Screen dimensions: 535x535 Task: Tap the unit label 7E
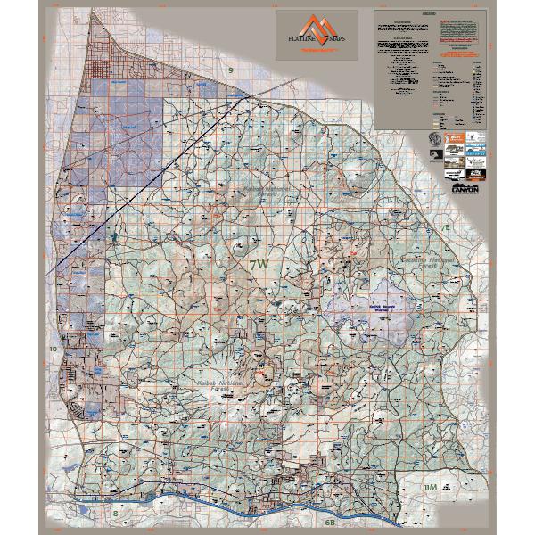point(445,229)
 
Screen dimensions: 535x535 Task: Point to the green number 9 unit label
point(230,70)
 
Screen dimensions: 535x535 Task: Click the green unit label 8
point(115,513)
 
